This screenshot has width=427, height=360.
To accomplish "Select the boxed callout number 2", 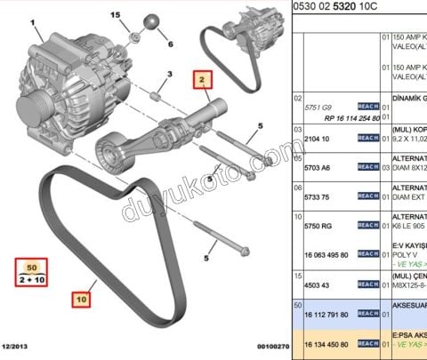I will point(203,81).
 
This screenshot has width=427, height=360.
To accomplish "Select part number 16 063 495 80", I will point(326,253).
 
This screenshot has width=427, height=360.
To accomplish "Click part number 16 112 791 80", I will point(326,316).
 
